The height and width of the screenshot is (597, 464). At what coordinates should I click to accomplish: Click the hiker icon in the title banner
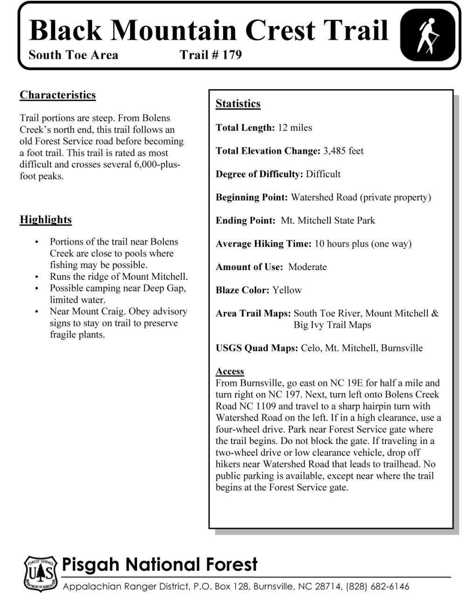click(x=428, y=36)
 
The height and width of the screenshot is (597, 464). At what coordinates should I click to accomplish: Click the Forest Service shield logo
click(x=41, y=573)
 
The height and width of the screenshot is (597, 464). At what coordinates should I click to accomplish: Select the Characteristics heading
click(x=58, y=95)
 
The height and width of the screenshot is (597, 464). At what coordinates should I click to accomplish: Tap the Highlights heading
click(x=46, y=220)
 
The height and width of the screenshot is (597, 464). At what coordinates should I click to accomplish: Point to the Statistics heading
click(x=238, y=104)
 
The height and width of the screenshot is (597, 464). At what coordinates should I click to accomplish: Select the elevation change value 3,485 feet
click(x=343, y=151)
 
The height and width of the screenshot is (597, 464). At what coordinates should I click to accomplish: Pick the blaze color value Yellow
click(x=287, y=290)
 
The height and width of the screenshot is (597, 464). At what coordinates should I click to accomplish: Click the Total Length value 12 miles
click(x=295, y=128)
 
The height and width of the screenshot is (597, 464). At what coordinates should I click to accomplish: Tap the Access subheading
click(x=230, y=371)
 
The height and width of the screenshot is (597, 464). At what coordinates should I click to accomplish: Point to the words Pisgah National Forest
click(x=159, y=565)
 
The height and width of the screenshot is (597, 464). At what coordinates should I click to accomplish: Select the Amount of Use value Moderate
click(x=307, y=267)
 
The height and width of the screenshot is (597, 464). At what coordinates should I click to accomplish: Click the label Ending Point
click(x=246, y=221)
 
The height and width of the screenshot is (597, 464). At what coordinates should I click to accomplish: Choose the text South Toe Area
click(x=73, y=55)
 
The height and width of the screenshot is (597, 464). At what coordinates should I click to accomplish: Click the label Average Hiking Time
click(x=263, y=244)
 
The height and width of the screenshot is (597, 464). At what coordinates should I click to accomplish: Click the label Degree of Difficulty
click(x=259, y=174)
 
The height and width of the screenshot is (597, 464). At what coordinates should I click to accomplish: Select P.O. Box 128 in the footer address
click(x=216, y=586)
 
